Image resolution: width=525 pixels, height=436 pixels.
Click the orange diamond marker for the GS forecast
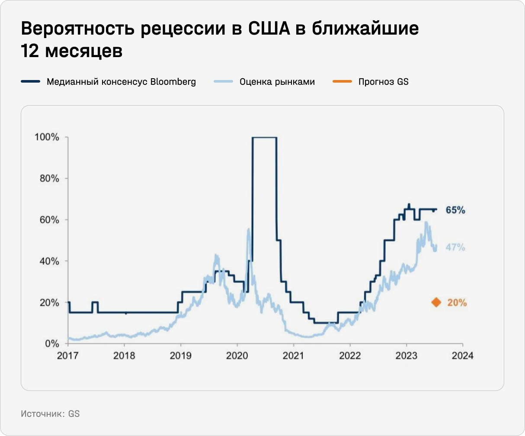[436, 302]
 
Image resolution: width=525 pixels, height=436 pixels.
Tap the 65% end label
[455, 210]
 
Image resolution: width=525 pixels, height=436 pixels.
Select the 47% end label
[455, 247]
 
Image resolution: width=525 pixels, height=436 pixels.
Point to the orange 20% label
[457, 303]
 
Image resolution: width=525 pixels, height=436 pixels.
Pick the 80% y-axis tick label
[49, 179]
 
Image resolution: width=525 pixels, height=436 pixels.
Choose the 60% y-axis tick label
[49, 220]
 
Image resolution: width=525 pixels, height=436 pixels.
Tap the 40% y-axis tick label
[49, 261]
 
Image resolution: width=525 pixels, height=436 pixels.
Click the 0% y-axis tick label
[52, 344]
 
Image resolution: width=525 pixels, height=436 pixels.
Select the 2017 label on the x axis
[68, 356]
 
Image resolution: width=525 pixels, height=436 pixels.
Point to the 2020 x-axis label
[237, 356]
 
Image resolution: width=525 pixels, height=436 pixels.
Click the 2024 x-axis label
[462, 356]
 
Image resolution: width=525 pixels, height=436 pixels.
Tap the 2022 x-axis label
[350, 356]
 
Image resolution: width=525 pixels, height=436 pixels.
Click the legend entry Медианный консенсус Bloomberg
[121, 82]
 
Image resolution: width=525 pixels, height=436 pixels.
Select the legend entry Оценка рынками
[277, 82]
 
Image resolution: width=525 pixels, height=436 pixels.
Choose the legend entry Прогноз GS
[383, 82]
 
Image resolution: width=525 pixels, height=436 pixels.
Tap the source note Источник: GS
[50, 414]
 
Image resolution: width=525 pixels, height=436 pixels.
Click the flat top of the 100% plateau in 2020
[264, 138]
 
